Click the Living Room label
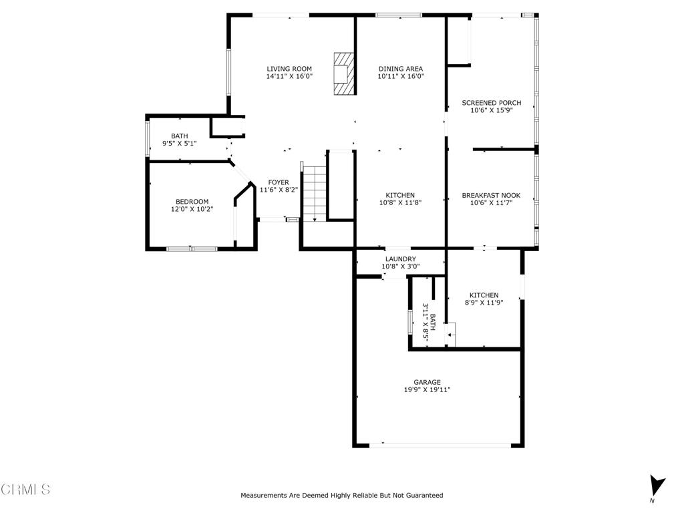pos(289,69)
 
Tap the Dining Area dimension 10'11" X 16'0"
pos(401,76)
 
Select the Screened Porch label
pos(491,103)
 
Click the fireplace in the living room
pos(343,73)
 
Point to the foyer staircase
pos(314,192)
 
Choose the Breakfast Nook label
pos(491,196)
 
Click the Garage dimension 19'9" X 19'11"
pos(427,390)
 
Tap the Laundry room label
pos(401,259)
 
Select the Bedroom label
pos(192,202)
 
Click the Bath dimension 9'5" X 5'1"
pos(179,143)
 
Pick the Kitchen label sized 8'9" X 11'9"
pos(484,295)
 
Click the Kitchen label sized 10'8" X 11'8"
pos(400,196)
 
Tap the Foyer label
pos(279,182)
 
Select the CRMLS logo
pos(25,489)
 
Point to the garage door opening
pos(440,446)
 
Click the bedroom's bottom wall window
pos(192,249)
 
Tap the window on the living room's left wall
pos(228,72)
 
